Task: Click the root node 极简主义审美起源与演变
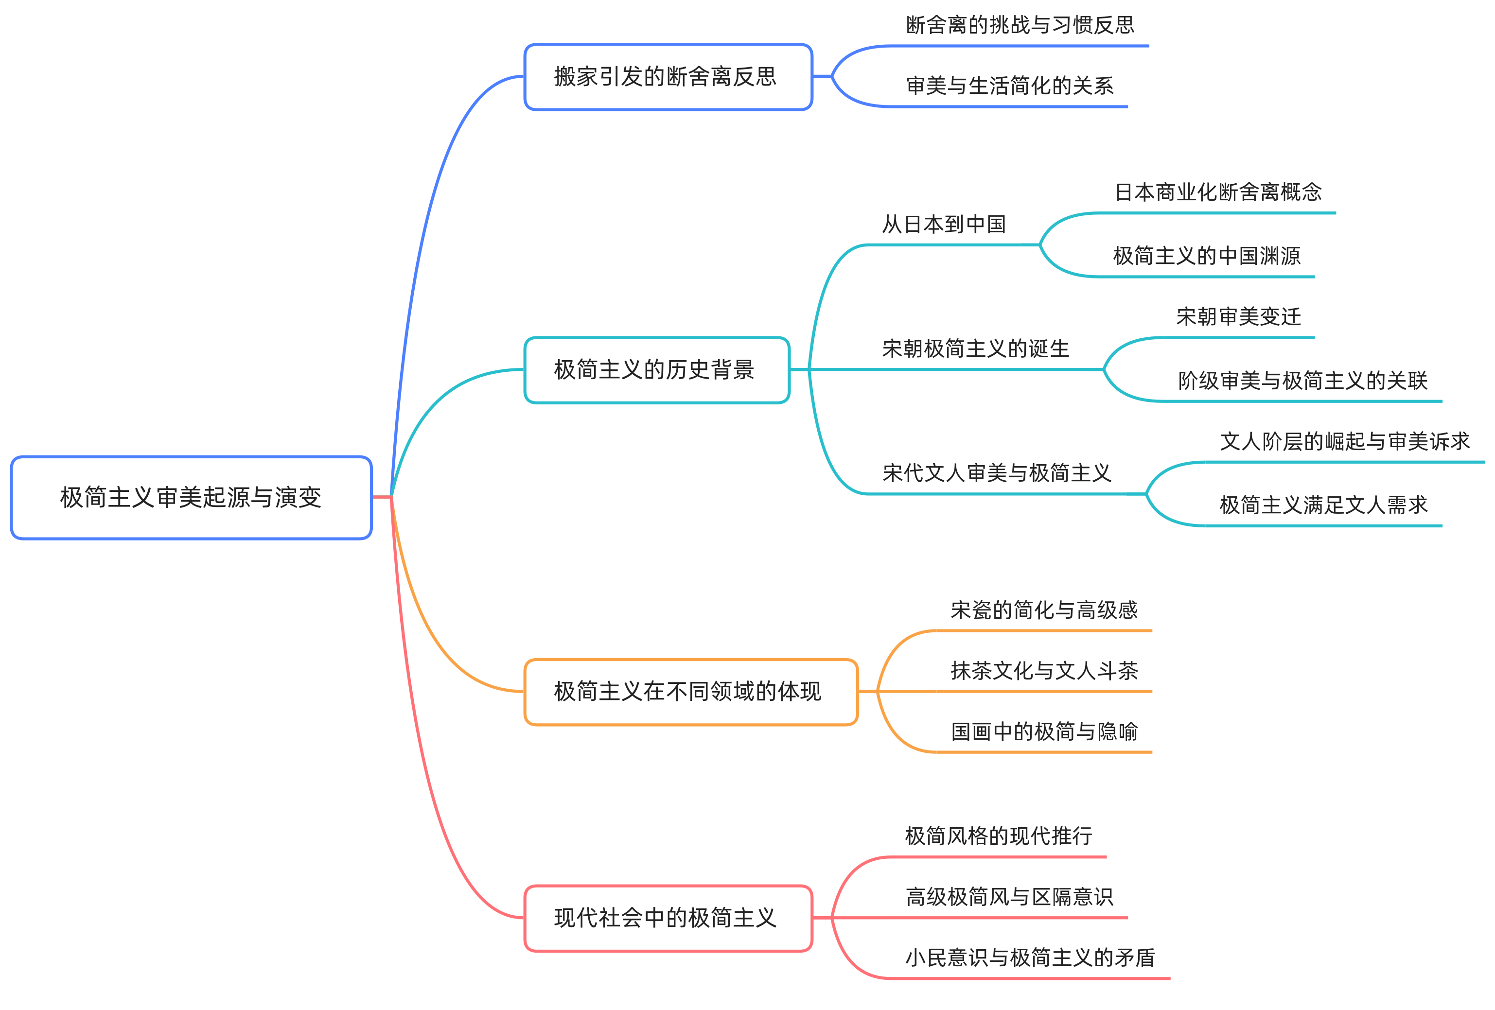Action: click(x=191, y=497)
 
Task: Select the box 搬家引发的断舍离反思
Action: click(x=668, y=77)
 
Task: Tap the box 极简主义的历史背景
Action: click(x=656, y=370)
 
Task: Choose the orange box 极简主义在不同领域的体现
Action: click(x=690, y=692)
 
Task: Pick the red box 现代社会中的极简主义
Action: click(x=668, y=918)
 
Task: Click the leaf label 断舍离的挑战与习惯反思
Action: click(x=1020, y=25)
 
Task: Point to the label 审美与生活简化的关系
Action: click(x=1009, y=86)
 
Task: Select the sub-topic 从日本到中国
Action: click(x=943, y=224)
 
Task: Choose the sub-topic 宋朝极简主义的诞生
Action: click(x=975, y=348)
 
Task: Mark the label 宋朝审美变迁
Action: click(x=1238, y=316)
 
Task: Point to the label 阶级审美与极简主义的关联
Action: click(x=1302, y=380)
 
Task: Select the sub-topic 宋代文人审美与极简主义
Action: click(x=997, y=473)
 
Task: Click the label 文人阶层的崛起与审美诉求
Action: click(x=1344, y=441)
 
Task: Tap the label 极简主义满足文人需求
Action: click(x=1323, y=505)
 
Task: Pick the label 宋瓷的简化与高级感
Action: click(x=1043, y=610)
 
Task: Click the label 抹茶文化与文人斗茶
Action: click(x=1043, y=670)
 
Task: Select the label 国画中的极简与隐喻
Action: click(x=1043, y=731)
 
